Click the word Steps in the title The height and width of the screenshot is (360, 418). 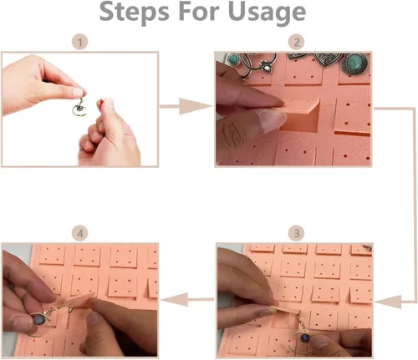pos(135,11)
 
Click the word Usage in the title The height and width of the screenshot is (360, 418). pos(267,13)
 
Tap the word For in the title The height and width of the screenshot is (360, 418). pos(198,11)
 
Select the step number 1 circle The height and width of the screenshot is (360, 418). pos(79,42)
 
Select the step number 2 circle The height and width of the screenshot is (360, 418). pos(297,43)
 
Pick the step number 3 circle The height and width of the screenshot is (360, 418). pos(297,233)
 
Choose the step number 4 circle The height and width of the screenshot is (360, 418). pos(80,233)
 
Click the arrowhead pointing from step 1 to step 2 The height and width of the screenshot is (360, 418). pos(195,106)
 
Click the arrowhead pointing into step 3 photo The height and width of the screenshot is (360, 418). pos(388,302)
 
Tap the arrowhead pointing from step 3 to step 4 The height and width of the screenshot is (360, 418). pos(174,300)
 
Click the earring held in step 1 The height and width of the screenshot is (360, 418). pos(79,107)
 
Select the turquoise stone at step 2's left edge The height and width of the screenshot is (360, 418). pos(233,58)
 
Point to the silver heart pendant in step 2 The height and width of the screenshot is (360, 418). pos(328,59)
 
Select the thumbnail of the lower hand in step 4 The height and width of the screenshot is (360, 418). pos(94,320)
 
